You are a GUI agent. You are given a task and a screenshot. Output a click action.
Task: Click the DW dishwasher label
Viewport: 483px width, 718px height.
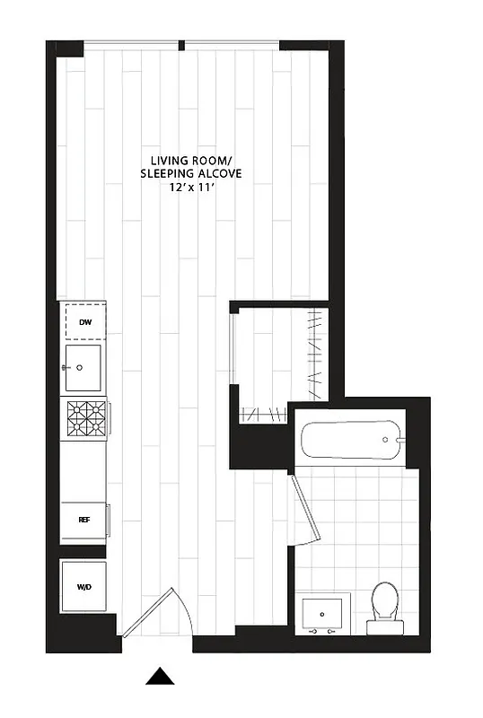click(x=84, y=321)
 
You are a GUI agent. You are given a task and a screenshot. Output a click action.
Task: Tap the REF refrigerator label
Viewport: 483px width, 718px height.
click(x=83, y=520)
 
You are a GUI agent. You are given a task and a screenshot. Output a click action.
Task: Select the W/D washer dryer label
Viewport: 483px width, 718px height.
click(x=83, y=587)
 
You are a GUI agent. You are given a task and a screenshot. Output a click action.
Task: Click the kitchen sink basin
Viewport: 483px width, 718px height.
click(x=86, y=368)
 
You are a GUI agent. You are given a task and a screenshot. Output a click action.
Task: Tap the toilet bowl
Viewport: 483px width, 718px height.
click(x=385, y=600)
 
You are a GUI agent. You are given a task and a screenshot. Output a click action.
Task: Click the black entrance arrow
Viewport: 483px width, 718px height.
click(x=160, y=677)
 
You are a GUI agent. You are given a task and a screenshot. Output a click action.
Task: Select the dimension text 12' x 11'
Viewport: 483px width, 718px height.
click(x=190, y=187)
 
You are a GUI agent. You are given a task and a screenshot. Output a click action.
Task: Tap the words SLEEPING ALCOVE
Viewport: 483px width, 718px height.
click(x=190, y=173)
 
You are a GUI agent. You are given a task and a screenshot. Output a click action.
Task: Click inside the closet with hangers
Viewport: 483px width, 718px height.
click(x=278, y=359)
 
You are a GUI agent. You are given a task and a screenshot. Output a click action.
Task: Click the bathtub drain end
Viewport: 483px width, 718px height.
click(x=389, y=440)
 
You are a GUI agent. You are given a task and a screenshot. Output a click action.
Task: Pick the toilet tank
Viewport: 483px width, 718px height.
click(x=385, y=624)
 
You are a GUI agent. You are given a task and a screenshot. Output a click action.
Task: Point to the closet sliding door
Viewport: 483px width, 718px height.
click(x=235, y=359)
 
